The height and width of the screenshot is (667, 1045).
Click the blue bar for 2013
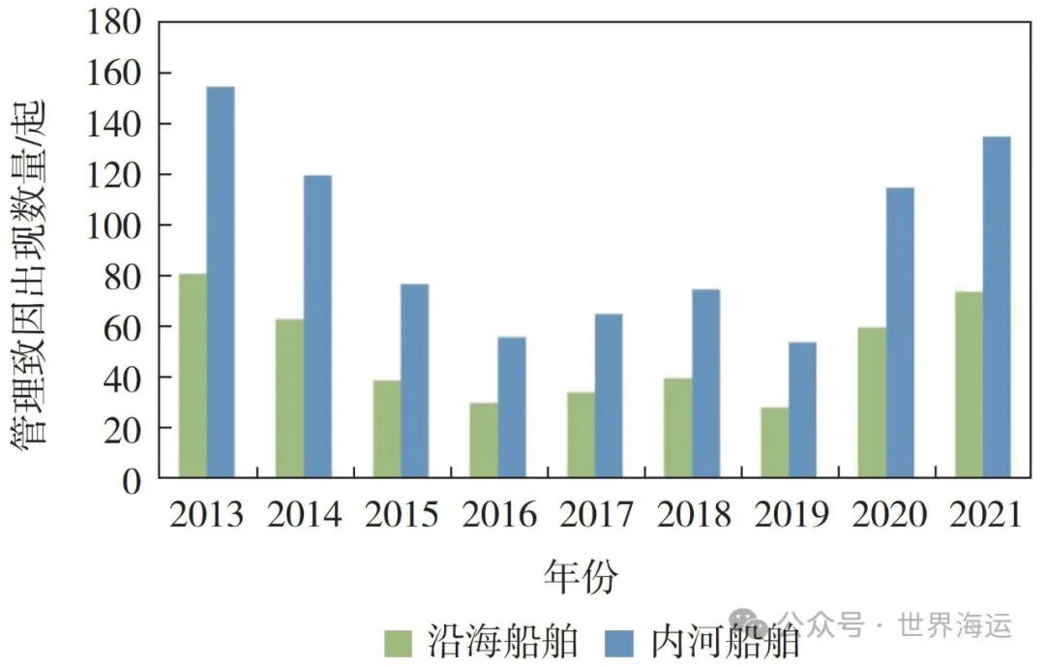click(x=221, y=282)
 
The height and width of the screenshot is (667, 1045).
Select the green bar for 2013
click(x=193, y=376)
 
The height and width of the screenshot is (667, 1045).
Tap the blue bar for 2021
click(x=997, y=307)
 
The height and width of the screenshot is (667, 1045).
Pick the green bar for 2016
click(x=484, y=440)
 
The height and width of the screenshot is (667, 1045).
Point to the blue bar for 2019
click(x=802, y=409)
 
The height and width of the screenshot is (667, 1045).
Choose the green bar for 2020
click(x=872, y=403)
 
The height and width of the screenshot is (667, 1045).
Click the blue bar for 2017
click(x=609, y=396)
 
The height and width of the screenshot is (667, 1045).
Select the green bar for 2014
click(x=289, y=398)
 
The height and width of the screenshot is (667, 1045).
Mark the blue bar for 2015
click(x=414, y=380)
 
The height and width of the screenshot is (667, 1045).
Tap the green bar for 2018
click(x=677, y=428)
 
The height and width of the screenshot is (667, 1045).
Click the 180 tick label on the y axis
click(x=114, y=23)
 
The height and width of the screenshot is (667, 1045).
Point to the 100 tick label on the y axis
click(x=114, y=226)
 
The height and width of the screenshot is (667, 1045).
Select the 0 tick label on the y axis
click(x=132, y=479)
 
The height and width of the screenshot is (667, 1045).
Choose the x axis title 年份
click(x=580, y=577)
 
